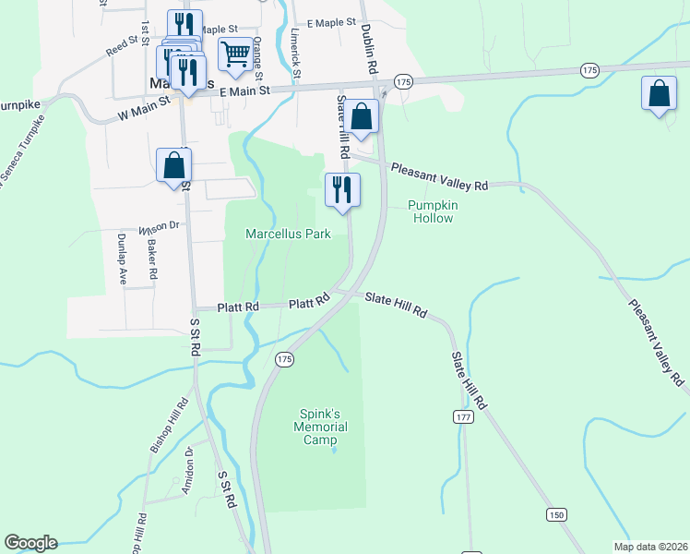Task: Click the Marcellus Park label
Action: [x=288, y=235]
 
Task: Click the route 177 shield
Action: [x=462, y=417]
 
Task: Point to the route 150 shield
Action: [x=555, y=513]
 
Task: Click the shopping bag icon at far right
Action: [x=659, y=94]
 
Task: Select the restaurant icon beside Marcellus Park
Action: [x=342, y=190]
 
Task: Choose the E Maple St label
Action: [x=331, y=22]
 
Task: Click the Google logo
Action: [x=30, y=543]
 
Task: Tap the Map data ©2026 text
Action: [x=648, y=547]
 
